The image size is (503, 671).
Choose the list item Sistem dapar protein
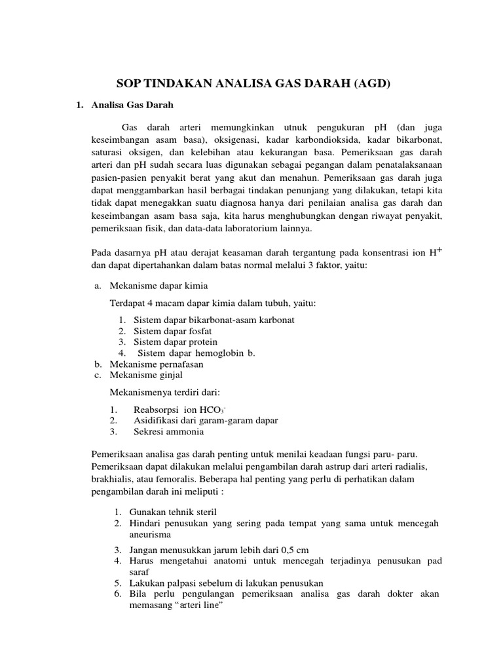[176, 341]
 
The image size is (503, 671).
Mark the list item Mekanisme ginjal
[146, 374]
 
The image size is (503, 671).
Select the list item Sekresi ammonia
[168, 431]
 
